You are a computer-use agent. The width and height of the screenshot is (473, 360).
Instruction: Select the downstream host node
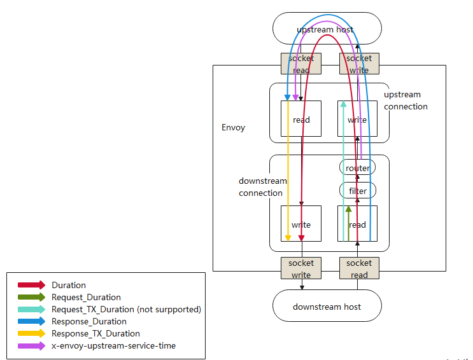pos(327,307)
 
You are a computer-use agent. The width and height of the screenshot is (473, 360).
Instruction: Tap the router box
pos(357,168)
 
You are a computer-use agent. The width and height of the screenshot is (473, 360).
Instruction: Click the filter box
pos(357,190)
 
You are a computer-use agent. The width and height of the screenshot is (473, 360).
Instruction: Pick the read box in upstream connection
pos(301,119)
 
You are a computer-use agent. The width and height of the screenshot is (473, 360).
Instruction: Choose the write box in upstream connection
pos(357,119)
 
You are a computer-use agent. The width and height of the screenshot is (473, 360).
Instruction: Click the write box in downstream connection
pos(301,224)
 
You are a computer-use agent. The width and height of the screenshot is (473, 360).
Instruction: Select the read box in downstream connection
pos(357,224)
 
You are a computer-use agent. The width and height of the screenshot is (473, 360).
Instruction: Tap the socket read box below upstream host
pos(301,64)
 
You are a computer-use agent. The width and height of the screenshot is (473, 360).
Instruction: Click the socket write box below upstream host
pos(359,64)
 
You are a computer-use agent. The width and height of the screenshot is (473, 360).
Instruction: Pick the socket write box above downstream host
pos(301,268)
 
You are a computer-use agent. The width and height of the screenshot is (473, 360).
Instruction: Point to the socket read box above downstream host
pos(359,268)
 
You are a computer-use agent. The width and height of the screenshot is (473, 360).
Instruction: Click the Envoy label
pos(233,127)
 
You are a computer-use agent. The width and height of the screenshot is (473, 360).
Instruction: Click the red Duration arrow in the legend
pos(31,285)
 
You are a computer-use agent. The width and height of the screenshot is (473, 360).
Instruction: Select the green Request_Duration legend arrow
pos(31,297)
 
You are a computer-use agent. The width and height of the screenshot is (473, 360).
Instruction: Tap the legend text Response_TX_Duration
pos(95,333)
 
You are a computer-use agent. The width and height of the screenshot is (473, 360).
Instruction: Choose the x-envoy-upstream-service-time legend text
pos(113,345)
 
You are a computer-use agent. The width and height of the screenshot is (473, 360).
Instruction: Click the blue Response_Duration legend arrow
pos(31,321)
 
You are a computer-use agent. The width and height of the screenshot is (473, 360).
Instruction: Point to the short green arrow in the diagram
pos(348,223)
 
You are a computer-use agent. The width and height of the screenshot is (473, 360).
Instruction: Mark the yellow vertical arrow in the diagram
pos(288,172)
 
